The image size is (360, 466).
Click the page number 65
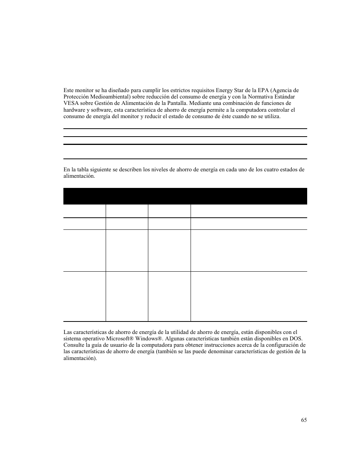304,420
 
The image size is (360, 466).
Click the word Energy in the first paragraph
224,90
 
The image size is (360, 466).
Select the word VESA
71,103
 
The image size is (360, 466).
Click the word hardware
74,110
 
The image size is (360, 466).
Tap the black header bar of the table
185,196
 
